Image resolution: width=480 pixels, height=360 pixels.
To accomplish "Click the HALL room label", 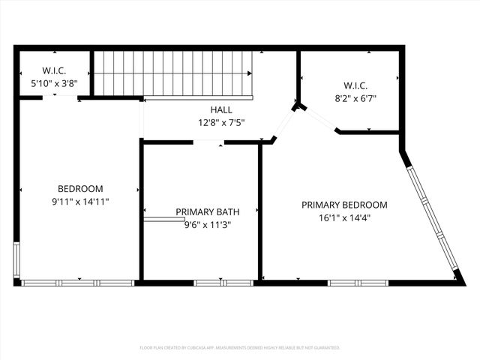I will pos(220,109).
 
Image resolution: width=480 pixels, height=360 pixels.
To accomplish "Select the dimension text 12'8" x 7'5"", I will pos(220,122).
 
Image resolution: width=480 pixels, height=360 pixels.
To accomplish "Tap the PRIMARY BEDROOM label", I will pos(344,205).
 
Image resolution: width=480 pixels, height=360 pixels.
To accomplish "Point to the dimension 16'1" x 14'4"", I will pos(344,217).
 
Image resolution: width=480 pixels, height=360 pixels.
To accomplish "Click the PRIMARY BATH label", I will pos(202,211).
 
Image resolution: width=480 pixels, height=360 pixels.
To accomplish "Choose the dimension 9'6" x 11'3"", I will pos(202,223).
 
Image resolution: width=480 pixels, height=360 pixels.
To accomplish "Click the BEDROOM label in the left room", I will pos(80,189).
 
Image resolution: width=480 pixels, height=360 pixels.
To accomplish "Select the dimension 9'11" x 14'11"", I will pos(80,202).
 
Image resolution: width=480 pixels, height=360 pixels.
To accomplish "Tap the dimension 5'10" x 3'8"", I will pos(53,83).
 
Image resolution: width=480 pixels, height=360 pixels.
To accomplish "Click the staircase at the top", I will pos(172,73).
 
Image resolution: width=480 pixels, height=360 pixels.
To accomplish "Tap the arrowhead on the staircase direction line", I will pos(250,74).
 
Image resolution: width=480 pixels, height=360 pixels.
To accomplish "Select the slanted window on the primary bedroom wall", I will pos(432,218).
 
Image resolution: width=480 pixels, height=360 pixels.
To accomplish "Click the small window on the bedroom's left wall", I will pos(16,260).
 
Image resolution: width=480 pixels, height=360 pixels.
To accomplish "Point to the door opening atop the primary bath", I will pos(208,142).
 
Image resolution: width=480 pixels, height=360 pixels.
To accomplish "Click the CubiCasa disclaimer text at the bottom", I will pos(240,348).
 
